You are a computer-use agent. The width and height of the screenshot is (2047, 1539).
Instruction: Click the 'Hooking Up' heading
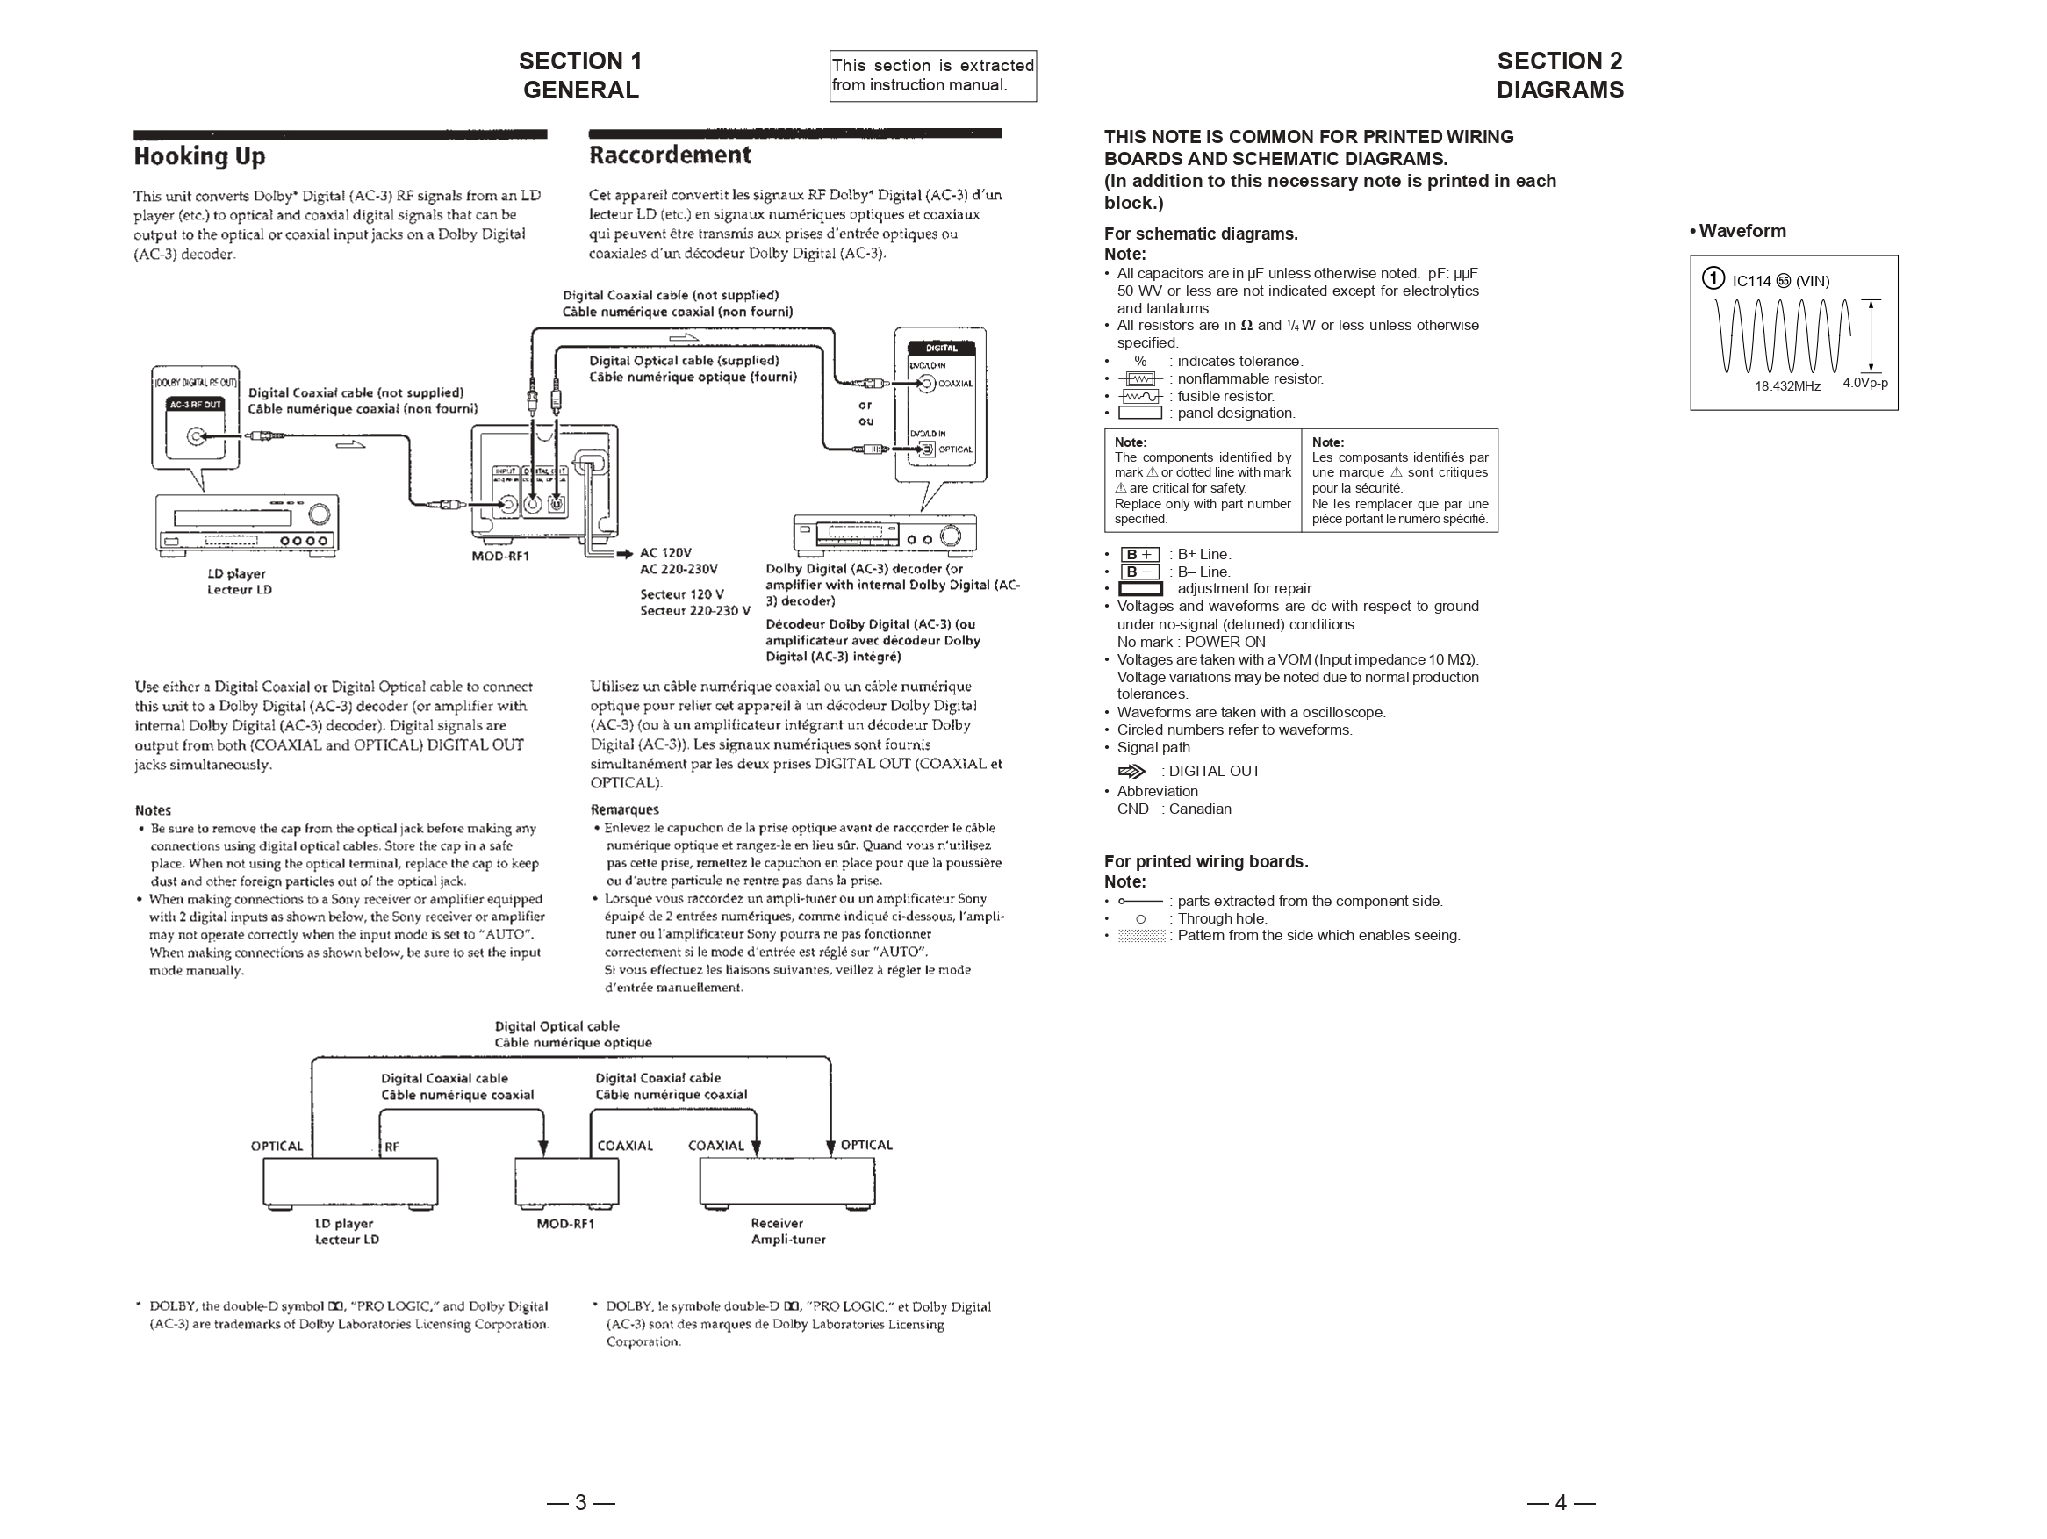199,156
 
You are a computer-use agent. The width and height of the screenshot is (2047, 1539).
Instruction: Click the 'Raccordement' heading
670,155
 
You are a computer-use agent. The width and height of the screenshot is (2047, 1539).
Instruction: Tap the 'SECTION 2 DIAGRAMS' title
1559,75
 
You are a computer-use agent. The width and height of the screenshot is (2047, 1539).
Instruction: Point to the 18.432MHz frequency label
1787,386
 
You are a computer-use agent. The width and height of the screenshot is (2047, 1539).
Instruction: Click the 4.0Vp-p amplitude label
1864,383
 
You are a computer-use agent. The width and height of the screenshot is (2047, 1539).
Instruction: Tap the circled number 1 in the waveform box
1713,278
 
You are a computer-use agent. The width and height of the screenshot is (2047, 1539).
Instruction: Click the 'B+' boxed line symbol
1139,554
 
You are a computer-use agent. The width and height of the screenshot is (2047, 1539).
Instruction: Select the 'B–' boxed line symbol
1139,572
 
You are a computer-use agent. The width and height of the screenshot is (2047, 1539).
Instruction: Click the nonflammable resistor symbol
1139,378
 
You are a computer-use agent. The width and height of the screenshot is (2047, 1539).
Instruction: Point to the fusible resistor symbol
1139,396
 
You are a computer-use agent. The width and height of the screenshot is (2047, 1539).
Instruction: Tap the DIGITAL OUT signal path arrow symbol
1131,771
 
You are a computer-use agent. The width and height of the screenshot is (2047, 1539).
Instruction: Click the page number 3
580,1502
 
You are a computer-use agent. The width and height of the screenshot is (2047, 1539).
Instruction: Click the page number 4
1560,1502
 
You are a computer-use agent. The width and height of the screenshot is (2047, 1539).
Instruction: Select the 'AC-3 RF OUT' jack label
195,405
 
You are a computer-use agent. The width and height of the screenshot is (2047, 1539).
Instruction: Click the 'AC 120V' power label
665,552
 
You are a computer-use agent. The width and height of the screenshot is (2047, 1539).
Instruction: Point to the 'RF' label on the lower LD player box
391,1147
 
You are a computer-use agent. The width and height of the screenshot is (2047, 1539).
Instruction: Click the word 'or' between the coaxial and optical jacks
865,405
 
